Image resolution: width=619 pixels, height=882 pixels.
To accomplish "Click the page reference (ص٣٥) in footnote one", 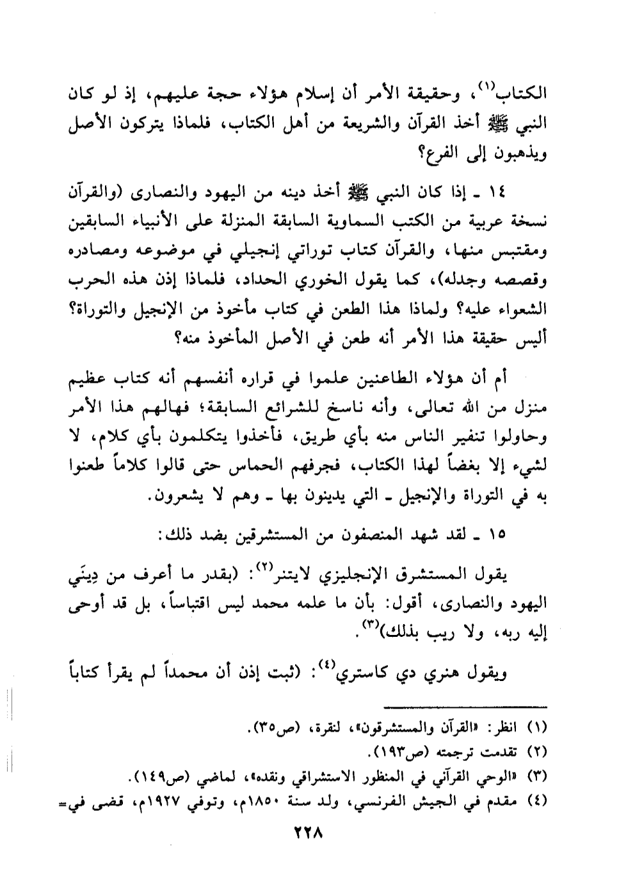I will pos(264,728).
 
